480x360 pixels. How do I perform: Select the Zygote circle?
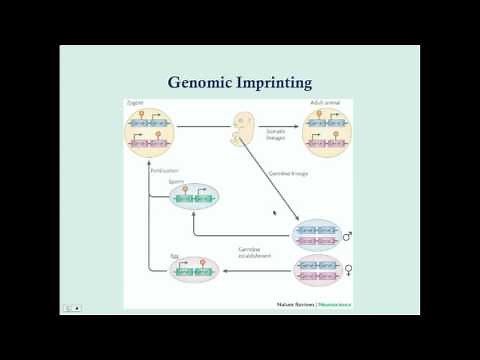click(151, 135)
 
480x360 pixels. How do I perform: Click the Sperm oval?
click(194, 198)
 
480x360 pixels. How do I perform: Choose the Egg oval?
click(194, 268)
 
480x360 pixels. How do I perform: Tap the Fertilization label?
click(164, 171)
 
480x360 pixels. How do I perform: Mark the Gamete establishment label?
click(256, 252)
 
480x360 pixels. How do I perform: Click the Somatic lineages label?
click(276, 133)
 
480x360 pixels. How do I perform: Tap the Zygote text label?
click(136, 102)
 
